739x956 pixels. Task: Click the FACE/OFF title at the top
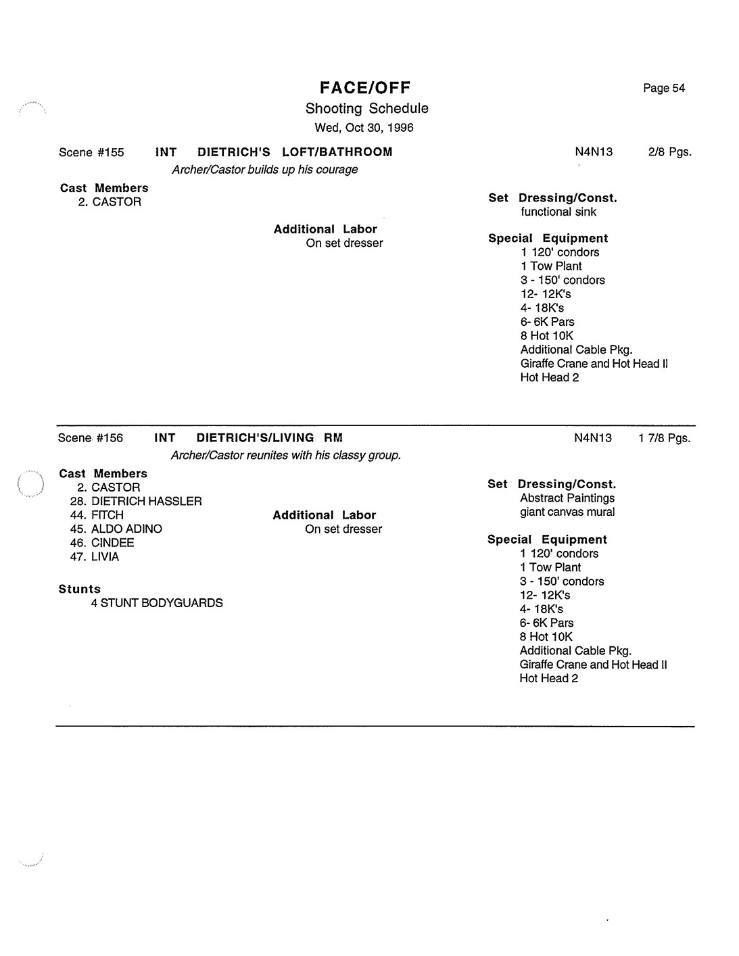pyautogui.click(x=365, y=88)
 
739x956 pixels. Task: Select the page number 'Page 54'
pyautogui.click(x=664, y=88)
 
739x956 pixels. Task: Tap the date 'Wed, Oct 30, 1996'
pyautogui.click(x=364, y=128)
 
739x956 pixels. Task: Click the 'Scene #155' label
pyautogui.click(x=91, y=152)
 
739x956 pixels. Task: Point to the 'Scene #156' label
pyautogui.click(x=91, y=438)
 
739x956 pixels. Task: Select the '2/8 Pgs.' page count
pyautogui.click(x=669, y=152)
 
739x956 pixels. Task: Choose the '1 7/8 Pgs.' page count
pyautogui.click(x=664, y=438)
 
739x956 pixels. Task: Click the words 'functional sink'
pyautogui.click(x=558, y=212)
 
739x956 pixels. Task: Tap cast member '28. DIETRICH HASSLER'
pyautogui.click(x=136, y=502)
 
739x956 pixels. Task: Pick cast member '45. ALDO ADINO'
pyautogui.click(x=116, y=529)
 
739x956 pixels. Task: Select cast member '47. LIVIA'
pyautogui.click(x=95, y=557)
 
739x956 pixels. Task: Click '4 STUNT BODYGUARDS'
pyautogui.click(x=157, y=603)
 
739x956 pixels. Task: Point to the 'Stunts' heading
pyautogui.click(x=80, y=589)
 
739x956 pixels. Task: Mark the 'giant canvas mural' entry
pyautogui.click(x=567, y=512)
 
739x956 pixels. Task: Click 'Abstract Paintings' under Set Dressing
pyautogui.click(x=567, y=498)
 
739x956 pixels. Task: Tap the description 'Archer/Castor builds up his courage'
pyautogui.click(x=264, y=170)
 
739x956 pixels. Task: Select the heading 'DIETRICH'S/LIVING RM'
pyautogui.click(x=269, y=438)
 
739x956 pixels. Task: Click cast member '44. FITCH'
pyautogui.click(x=97, y=515)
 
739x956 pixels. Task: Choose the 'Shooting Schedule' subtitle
pyautogui.click(x=366, y=108)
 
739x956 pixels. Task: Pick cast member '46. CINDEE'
pyautogui.click(x=102, y=543)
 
